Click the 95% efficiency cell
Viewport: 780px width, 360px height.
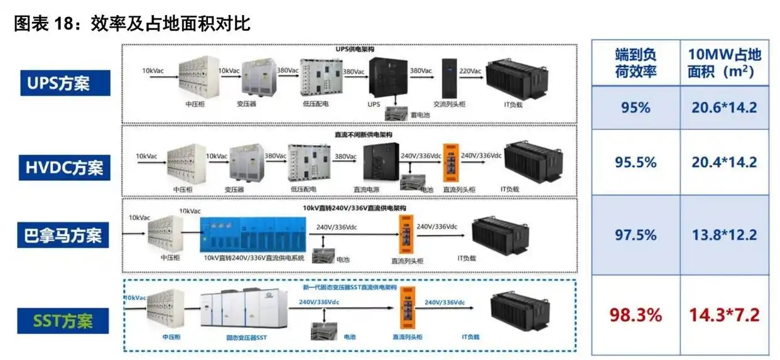coord(636,107)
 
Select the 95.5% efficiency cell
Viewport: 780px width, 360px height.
coord(636,163)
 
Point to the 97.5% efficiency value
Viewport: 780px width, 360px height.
coord(636,235)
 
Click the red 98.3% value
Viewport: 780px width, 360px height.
coord(636,315)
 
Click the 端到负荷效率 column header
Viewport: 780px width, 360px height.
coord(636,63)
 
